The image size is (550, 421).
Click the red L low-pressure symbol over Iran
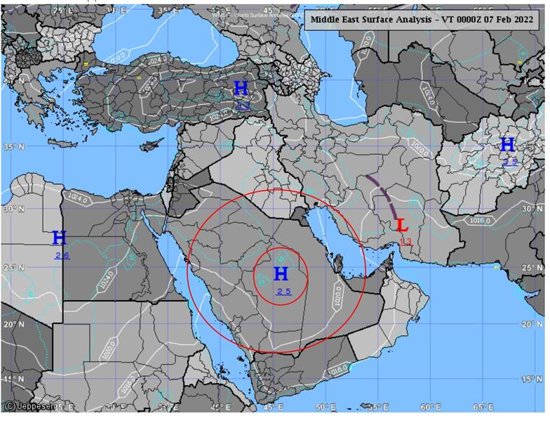click(x=402, y=226)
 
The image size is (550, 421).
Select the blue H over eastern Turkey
click(x=241, y=89)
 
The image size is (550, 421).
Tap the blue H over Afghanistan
click(x=508, y=145)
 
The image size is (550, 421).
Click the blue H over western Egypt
click(x=60, y=238)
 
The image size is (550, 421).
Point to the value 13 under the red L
click(x=405, y=242)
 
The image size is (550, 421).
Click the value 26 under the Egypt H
click(x=62, y=255)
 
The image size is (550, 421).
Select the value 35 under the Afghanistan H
click(x=510, y=162)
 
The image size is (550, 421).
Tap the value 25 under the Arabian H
click(x=283, y=291)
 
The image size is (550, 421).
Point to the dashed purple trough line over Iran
click(x=383, y=193)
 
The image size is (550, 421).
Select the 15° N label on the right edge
click(x=534, y=380)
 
